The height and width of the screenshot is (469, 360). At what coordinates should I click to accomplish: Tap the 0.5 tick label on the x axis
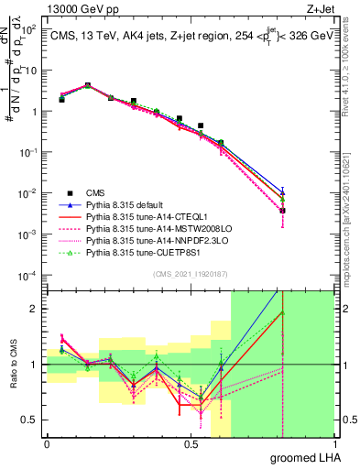click(190, 444)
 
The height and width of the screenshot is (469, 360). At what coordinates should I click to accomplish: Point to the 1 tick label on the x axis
click(333, 444)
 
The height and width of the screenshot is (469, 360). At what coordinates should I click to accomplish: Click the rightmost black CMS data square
click(283, 211)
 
